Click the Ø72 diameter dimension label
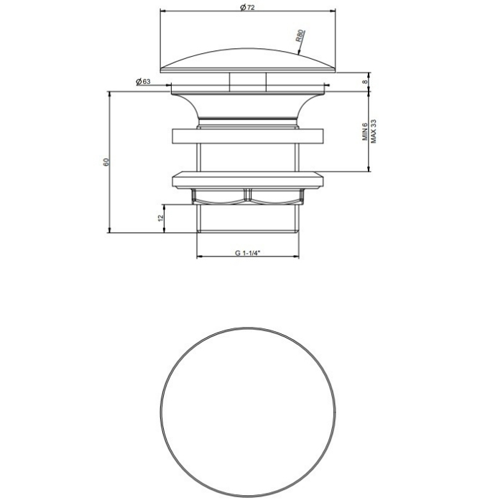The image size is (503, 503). click(247, 7)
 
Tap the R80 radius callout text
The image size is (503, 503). click(300, 36)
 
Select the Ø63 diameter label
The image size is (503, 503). click(143, 82)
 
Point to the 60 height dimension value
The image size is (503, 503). click(106, 162)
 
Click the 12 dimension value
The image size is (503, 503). click(161, 218)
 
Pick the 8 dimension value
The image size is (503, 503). click(365, 82)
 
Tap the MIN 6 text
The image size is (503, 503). click(365, 131)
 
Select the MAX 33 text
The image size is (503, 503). click(374, 131)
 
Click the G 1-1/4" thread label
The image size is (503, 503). click(247, 253)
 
